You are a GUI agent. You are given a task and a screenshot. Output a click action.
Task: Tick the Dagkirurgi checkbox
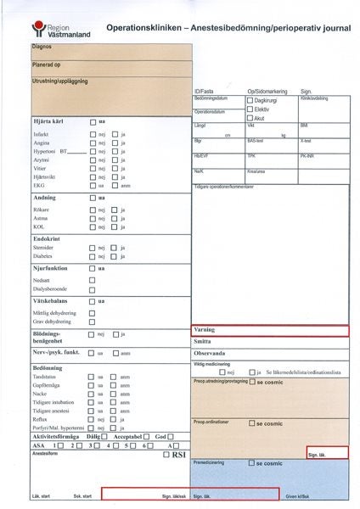click(250, 100)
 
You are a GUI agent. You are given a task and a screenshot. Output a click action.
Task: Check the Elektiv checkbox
click(250, 109)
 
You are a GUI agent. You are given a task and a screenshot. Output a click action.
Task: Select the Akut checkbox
click(250, 119)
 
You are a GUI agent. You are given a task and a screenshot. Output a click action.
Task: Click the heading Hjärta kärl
click(49, 122)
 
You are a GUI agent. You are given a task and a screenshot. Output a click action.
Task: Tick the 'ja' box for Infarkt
click(114, 134)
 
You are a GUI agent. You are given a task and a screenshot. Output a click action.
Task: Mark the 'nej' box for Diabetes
click(93, 255)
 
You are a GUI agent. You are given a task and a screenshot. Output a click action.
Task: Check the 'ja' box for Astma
click(114, 218)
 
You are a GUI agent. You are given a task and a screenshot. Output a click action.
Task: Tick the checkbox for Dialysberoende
click(93, 286)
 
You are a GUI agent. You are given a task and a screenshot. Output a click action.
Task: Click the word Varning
click(205, 330)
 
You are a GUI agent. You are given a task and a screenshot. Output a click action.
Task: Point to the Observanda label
click(210, 353)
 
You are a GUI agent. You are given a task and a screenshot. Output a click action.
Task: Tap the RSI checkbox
click(166, 455)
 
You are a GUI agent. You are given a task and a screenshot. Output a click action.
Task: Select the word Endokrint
click(47, 238)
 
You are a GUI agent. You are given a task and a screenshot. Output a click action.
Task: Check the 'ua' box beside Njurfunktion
click(93, 268)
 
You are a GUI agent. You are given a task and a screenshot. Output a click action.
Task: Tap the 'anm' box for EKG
click(114, 185)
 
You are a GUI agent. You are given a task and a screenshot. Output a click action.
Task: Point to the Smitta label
click(203, 342)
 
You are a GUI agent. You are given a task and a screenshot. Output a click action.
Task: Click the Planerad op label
click(46, 64)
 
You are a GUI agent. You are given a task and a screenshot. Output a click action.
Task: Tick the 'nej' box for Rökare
click(93, 209)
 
